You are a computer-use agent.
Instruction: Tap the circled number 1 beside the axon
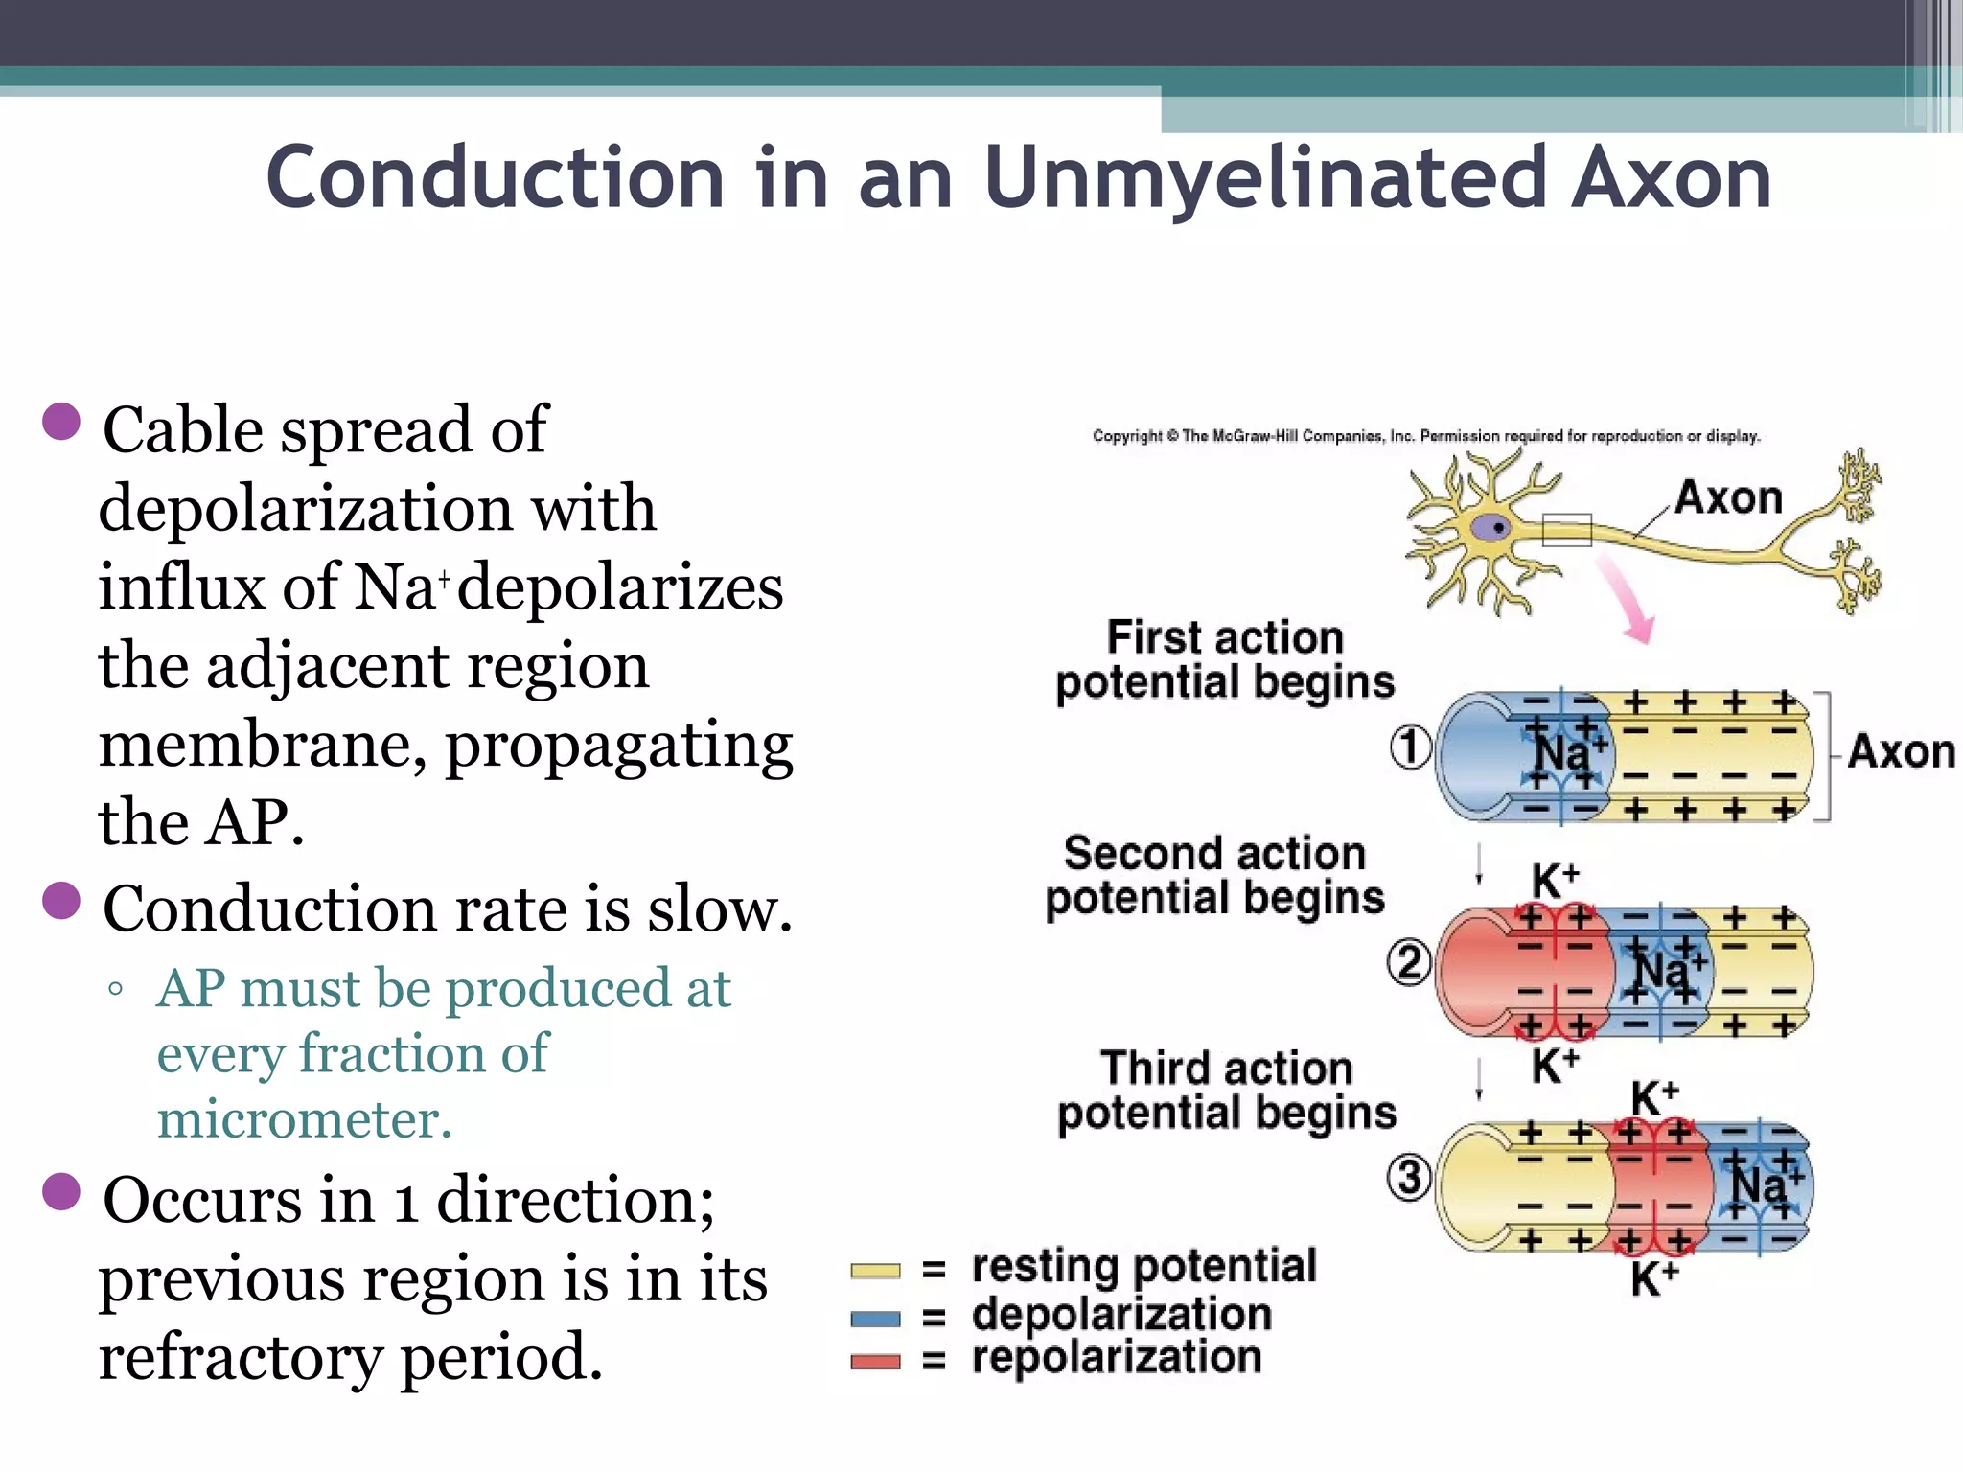[x=1410, y=747]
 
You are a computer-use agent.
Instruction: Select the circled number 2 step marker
[x=1409, y=962]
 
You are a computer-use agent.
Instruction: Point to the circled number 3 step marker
[x=1409, y=1177]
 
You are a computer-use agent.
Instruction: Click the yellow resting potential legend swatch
[x=875, y=1271]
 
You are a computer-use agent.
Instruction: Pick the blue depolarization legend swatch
[x=875, y=1319]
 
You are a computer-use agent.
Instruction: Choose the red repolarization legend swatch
[x=875, y=1362]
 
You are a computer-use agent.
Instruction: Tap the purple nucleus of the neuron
[x=1491, y=528]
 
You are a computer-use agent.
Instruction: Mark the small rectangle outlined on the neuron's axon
[x=1566, y=529]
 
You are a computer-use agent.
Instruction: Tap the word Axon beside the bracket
[x=1901, y=752]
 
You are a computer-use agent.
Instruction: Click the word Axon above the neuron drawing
[x=1728, y=498]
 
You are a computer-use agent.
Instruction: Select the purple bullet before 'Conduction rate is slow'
[x=61, y=901]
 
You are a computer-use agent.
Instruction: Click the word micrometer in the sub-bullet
[x=304, y=1119]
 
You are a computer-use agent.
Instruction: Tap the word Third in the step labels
[x=1147, y=1068]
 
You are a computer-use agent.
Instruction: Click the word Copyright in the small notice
[x=1126, y=436]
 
